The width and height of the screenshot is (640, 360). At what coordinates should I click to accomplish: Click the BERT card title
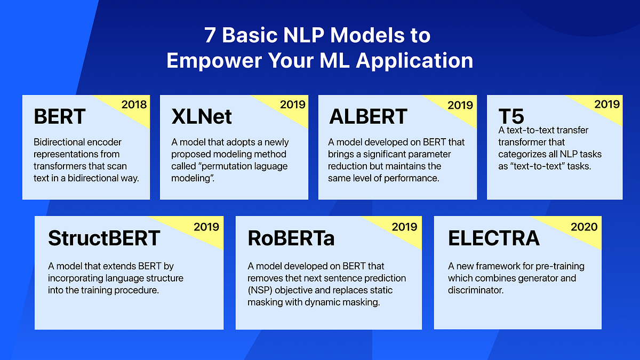pos(59,117)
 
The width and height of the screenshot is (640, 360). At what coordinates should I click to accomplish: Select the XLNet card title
pos(202,117)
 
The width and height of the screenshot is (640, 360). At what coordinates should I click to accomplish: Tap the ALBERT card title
pos(368,117)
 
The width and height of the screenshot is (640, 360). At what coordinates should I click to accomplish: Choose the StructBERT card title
pos(104,238)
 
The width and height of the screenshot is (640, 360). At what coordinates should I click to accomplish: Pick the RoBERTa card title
pos(291,238)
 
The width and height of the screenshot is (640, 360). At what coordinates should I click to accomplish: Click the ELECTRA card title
pos(494,238)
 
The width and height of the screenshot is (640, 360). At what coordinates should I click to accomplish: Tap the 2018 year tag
pos(134,105)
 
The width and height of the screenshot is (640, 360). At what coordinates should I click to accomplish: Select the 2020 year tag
pos(584,227)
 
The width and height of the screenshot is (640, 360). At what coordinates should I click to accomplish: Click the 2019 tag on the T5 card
pos(607,105)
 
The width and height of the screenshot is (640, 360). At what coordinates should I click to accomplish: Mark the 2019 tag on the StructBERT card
pos(206,227)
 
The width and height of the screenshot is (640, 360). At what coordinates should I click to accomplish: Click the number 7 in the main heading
pos(212,36)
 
